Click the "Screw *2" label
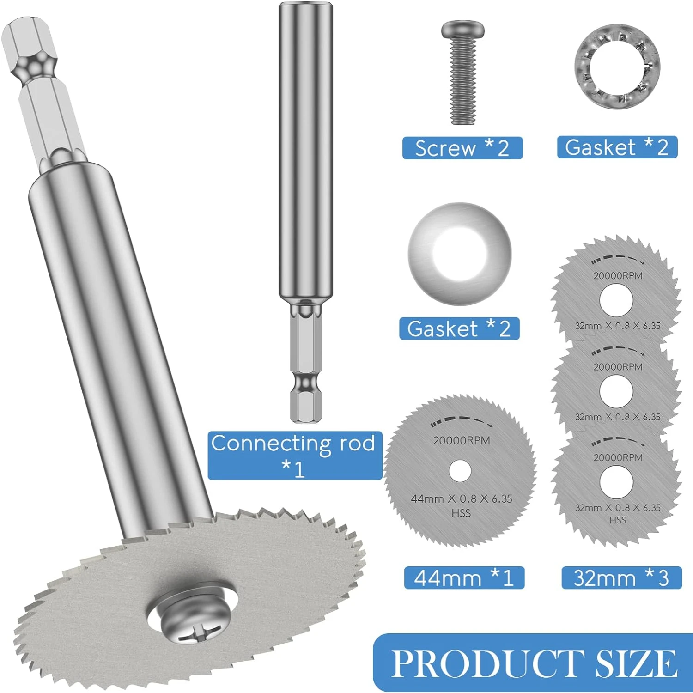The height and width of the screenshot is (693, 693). [462, 148]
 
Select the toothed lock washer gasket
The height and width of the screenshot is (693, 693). [617, 67]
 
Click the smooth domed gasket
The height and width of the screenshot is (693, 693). [460, 254]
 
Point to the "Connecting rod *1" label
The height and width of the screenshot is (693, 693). [294, 456]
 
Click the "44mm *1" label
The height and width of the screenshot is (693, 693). [464, 577]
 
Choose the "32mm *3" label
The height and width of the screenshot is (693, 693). [621, 577]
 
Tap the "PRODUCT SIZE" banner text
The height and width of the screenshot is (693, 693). [534, 663]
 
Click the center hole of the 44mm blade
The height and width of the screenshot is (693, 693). [460, 471]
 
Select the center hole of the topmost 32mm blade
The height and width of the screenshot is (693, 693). [616, 300]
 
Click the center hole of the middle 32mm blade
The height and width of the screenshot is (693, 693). [616, 391]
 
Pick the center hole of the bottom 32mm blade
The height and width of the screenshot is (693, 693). [616, 482]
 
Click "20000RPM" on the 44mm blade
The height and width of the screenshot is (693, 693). [461, 440]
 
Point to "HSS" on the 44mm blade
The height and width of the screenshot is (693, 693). [461, 513]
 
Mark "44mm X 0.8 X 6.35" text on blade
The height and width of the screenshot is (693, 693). [461, 498]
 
